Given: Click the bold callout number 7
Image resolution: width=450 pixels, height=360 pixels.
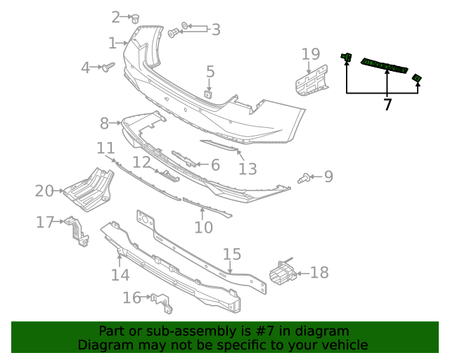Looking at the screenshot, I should tap(387, 105).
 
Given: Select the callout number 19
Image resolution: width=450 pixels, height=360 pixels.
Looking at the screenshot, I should tap(311, 54).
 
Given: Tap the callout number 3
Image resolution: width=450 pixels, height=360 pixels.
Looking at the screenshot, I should tap(216, 30).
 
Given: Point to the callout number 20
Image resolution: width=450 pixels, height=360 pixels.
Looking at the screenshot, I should tap(44, 191).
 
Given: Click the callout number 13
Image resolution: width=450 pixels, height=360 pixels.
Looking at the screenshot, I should tap(247, 169).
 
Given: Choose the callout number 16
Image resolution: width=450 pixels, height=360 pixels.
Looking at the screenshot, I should tap(131, 298).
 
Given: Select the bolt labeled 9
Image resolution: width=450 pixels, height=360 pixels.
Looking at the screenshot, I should tap(304, 179).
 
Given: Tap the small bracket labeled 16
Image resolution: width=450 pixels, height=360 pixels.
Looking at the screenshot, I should tap(162, 302).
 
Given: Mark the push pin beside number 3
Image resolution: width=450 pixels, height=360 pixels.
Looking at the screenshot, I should tap(175, 32).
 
